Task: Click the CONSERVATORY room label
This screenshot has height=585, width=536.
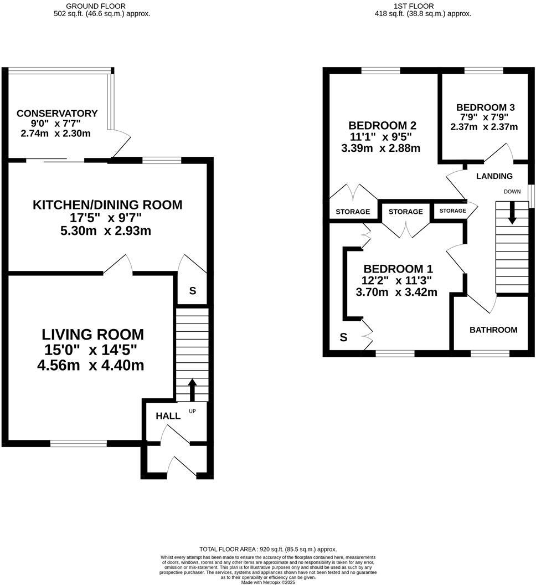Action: pyautogui.click(x=57, y=114)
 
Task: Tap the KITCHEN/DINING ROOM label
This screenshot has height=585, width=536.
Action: pyautogui.click(x=107, y=205)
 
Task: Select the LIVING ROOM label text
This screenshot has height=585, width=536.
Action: pyautogui.click(x=92, y=335)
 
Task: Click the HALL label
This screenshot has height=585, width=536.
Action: pyautogui.click(x=168, y=416)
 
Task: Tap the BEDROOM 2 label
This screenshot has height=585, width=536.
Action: pyautogui.click(x=382, y=125)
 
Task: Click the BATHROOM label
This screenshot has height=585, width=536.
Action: pyautogui.click(x=493, y=330)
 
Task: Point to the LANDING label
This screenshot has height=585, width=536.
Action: pyautogui.click(x=494, y=176)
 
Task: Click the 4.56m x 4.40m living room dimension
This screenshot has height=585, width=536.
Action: pyautogui.click(x=92, y=365)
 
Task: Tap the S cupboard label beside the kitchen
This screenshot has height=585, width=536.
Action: pyautogui.click(x=192, y=291)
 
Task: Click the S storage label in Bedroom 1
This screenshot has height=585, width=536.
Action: pyautogui.click(x=343, y=337)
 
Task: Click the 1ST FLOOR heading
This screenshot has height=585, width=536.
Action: pyautogui.click(x=422, y=6)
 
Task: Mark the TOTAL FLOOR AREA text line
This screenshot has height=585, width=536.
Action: pyautogui.click(x=267, y=549)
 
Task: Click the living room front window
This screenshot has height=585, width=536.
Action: pyautogui.click(x=78, y=443)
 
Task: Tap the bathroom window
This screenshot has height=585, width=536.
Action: pyautogui.click(x=490, y=352)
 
